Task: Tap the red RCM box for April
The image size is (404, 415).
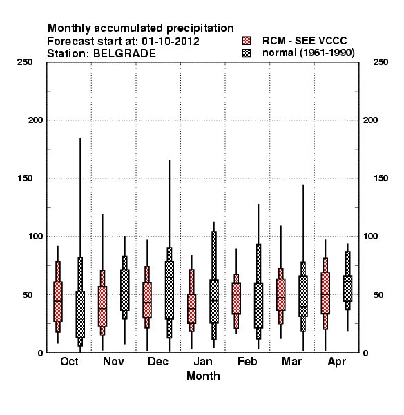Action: pyautogui.click(x=325, y=293)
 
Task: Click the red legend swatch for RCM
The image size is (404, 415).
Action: pyautogui.click(x=247, y=41)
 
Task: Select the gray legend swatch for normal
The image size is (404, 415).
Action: pyautogui.click(x=247, y=53)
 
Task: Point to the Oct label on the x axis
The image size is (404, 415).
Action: pyautogui.click(x=69, y=361)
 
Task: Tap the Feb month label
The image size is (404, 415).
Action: pyautogui.click(x=247, y=361)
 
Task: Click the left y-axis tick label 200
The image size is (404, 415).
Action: pyautogui.click(x=35, y=120)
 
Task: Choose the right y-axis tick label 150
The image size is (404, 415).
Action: pyautogui.click(x=381, y=178)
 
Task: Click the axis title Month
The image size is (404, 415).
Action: pyautogui.click(x=203, y=376)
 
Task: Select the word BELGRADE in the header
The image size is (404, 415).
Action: pyautogui.click(x=124, y=54)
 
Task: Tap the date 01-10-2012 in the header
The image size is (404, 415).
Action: pyautogui.click(x=171, y=41)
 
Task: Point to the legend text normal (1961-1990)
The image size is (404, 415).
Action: pyautogui.click(x=309, y=53)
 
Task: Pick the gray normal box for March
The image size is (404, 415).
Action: pyautogui.click(x=303, y=296)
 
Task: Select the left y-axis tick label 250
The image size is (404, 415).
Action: pyautogui.click(x=25, y=62)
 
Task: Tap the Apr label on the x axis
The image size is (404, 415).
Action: pyautogui.click(x=336, y=362)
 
